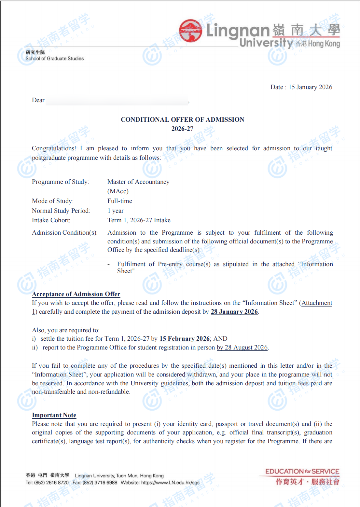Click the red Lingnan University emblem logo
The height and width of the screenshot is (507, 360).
pos(191,31)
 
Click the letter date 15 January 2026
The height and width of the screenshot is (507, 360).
pos(310,87)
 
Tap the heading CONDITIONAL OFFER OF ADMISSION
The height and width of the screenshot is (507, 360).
pos(182,119)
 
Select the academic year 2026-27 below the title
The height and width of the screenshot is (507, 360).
pos(182,129)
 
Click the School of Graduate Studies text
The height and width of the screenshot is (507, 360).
pos(55,59)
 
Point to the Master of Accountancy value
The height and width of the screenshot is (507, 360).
pos(138,182)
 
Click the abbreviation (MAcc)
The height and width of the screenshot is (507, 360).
pos(118,191)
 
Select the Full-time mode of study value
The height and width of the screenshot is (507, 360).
pos(120,201)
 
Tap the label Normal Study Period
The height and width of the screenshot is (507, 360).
pos(61,211)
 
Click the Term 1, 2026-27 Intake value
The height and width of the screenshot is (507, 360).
pos(139,220)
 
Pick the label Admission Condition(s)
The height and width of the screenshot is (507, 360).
pos(64,233)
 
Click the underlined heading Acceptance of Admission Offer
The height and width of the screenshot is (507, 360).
pos(76,294)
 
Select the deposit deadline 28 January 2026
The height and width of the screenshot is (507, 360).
pos(234,312)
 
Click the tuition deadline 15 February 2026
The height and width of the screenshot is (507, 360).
pos(185,339)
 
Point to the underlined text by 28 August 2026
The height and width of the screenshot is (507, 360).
pos(242,348)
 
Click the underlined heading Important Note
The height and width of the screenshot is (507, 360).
pos(54,415)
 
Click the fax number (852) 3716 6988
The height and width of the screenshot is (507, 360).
pos(100,483)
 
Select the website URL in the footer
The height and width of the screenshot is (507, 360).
pos(170,483)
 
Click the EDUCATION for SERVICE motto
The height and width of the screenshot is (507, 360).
pos(302,472)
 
